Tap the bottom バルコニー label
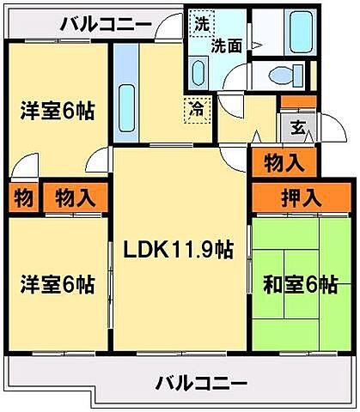pos(201,382)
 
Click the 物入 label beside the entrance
pos(284,161)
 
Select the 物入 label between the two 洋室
pos(75,197)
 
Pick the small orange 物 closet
pos(23,197)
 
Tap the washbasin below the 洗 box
pos(198,70)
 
